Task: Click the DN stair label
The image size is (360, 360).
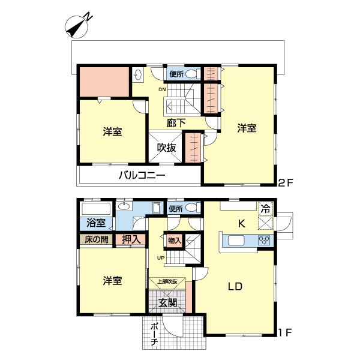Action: (162, 90)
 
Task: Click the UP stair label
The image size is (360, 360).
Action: (160, 258)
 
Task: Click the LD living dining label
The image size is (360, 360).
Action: (234, 287)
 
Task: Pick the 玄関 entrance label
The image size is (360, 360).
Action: (167, 303)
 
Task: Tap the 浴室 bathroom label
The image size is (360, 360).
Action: (95, 223)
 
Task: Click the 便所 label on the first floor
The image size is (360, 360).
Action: (176, 209)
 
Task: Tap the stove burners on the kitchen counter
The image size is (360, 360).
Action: (263, 241)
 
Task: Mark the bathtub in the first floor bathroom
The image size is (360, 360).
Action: (95, 209)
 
